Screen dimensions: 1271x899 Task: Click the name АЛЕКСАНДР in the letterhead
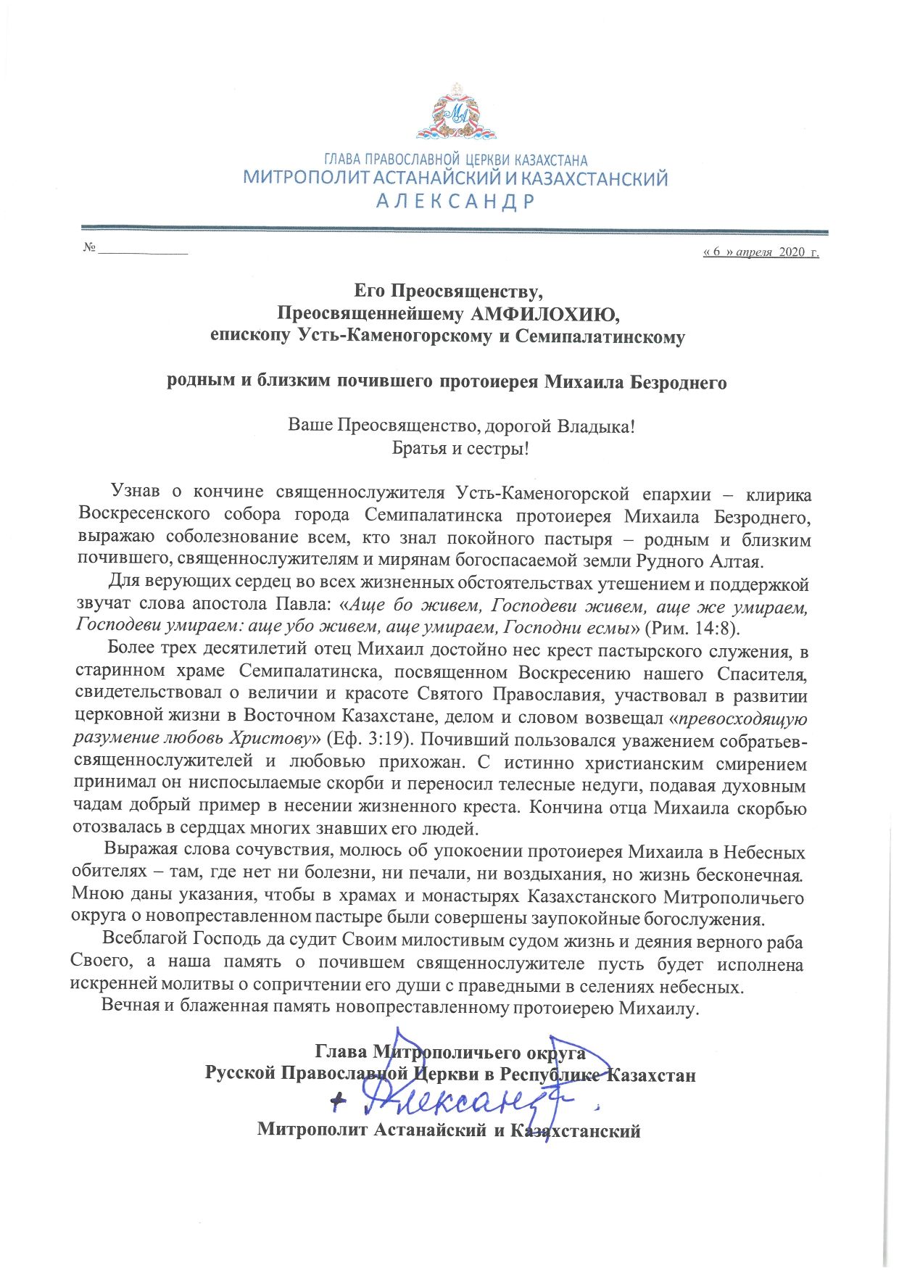pos(455,201)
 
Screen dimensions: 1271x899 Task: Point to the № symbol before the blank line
pos(90,247)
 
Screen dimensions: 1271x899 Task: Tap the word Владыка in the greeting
pos(594,425)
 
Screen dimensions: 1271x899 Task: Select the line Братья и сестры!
pos(460,448)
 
